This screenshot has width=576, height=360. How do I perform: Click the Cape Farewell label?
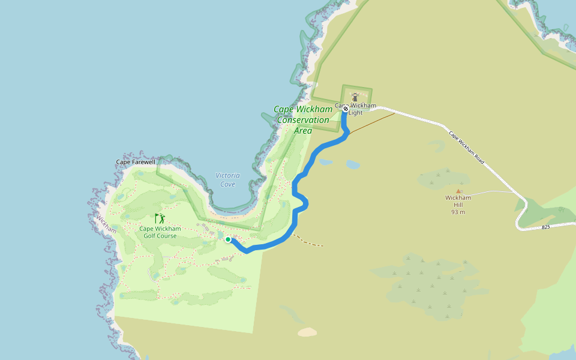click(136, 163)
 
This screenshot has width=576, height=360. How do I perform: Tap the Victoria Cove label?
click(227, 179)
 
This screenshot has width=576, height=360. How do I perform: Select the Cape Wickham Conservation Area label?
click(303, 119)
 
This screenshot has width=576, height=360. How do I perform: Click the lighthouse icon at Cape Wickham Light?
click(355, 97)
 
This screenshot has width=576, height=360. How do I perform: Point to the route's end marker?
click(346, 109)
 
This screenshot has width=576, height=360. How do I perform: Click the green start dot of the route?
click(228, 239)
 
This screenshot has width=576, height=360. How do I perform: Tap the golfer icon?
click(160, 218)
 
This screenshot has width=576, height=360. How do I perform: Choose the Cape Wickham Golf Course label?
click(159, 232)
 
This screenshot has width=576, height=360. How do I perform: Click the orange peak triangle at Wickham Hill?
click(458, 191)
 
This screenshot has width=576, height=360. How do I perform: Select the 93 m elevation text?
click(458, 212)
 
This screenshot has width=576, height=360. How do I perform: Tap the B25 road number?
click(545, 227)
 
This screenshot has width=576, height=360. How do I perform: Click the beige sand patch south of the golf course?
click(307, 332)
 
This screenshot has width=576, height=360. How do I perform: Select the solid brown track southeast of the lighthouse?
click(372, 122)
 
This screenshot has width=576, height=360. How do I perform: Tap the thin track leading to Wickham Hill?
click(492, 193)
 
